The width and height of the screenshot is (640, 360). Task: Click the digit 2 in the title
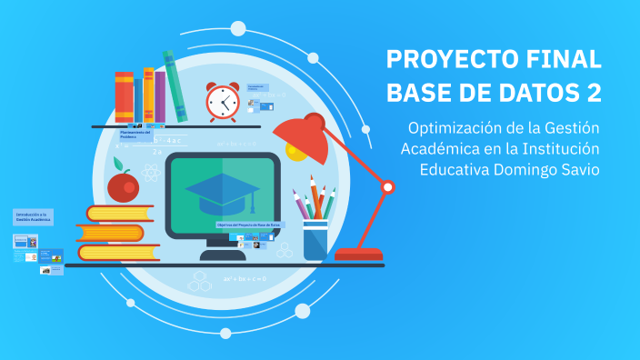[x=592, y=93]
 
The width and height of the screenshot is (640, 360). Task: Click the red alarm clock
[x=222, y=102]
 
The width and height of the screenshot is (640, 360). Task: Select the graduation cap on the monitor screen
[x=222, y=189]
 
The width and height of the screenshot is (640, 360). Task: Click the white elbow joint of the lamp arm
[x=387, y=187]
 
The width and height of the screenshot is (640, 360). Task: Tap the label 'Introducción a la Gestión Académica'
[x=33, y=218]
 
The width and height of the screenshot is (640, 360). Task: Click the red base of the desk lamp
[x=357, y=255]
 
